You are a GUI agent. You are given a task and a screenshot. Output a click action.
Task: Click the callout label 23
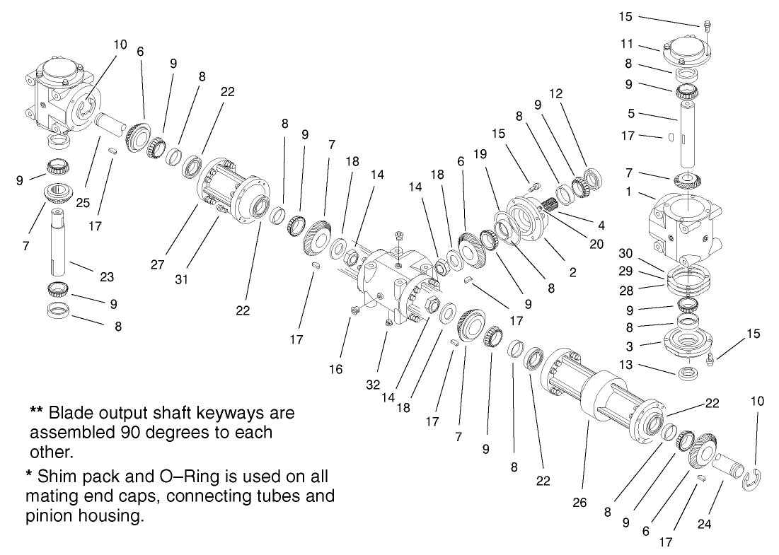[x=107, y=277]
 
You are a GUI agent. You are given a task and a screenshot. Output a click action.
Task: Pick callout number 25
[x=82, y=203]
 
